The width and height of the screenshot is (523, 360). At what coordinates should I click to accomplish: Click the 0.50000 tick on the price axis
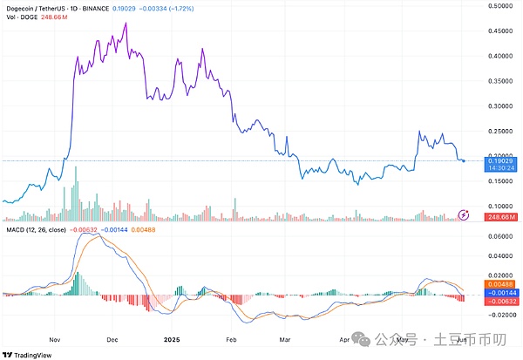coord(502,6)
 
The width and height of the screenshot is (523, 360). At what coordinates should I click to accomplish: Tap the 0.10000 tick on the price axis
coord(502,207)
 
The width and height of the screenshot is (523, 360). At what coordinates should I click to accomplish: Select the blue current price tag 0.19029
coord(502,161)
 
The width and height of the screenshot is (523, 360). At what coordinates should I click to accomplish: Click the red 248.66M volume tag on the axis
coord(502,216)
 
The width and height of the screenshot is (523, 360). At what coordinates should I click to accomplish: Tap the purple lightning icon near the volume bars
coord(464,214)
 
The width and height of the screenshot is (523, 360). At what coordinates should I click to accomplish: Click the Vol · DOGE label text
coord(20,17)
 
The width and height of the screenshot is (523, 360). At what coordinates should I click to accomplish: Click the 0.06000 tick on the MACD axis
coord(502,236)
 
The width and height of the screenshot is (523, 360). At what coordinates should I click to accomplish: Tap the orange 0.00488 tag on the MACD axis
coord(502,285)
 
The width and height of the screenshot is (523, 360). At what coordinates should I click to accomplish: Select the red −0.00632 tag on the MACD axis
coord(502,302)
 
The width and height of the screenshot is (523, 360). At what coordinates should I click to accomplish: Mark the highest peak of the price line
coord(127,24)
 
